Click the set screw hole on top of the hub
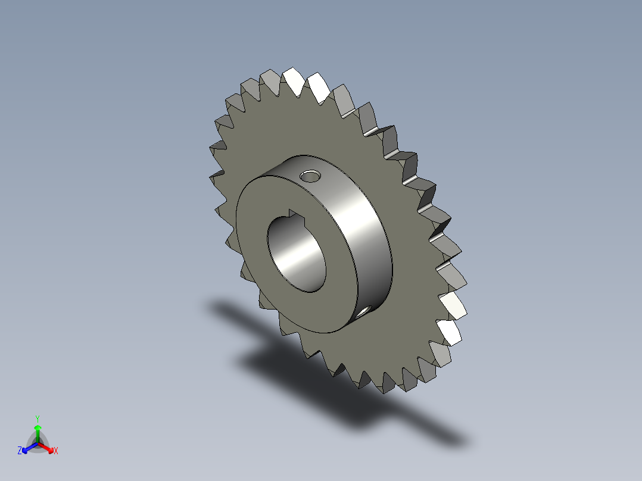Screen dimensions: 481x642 [310, 176]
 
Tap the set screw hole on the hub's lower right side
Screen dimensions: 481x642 [364, 311]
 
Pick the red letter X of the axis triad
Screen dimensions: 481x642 [56, 451]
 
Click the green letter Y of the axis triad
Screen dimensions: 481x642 [38, 418]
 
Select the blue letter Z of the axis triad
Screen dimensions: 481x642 [20, 451]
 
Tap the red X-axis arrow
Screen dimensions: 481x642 [47, 447]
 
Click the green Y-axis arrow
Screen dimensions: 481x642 [38, 432]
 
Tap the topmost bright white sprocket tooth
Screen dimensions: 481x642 [292, 78]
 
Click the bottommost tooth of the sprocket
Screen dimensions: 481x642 [387, 385]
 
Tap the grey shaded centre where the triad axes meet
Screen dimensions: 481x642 [38, 443]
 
